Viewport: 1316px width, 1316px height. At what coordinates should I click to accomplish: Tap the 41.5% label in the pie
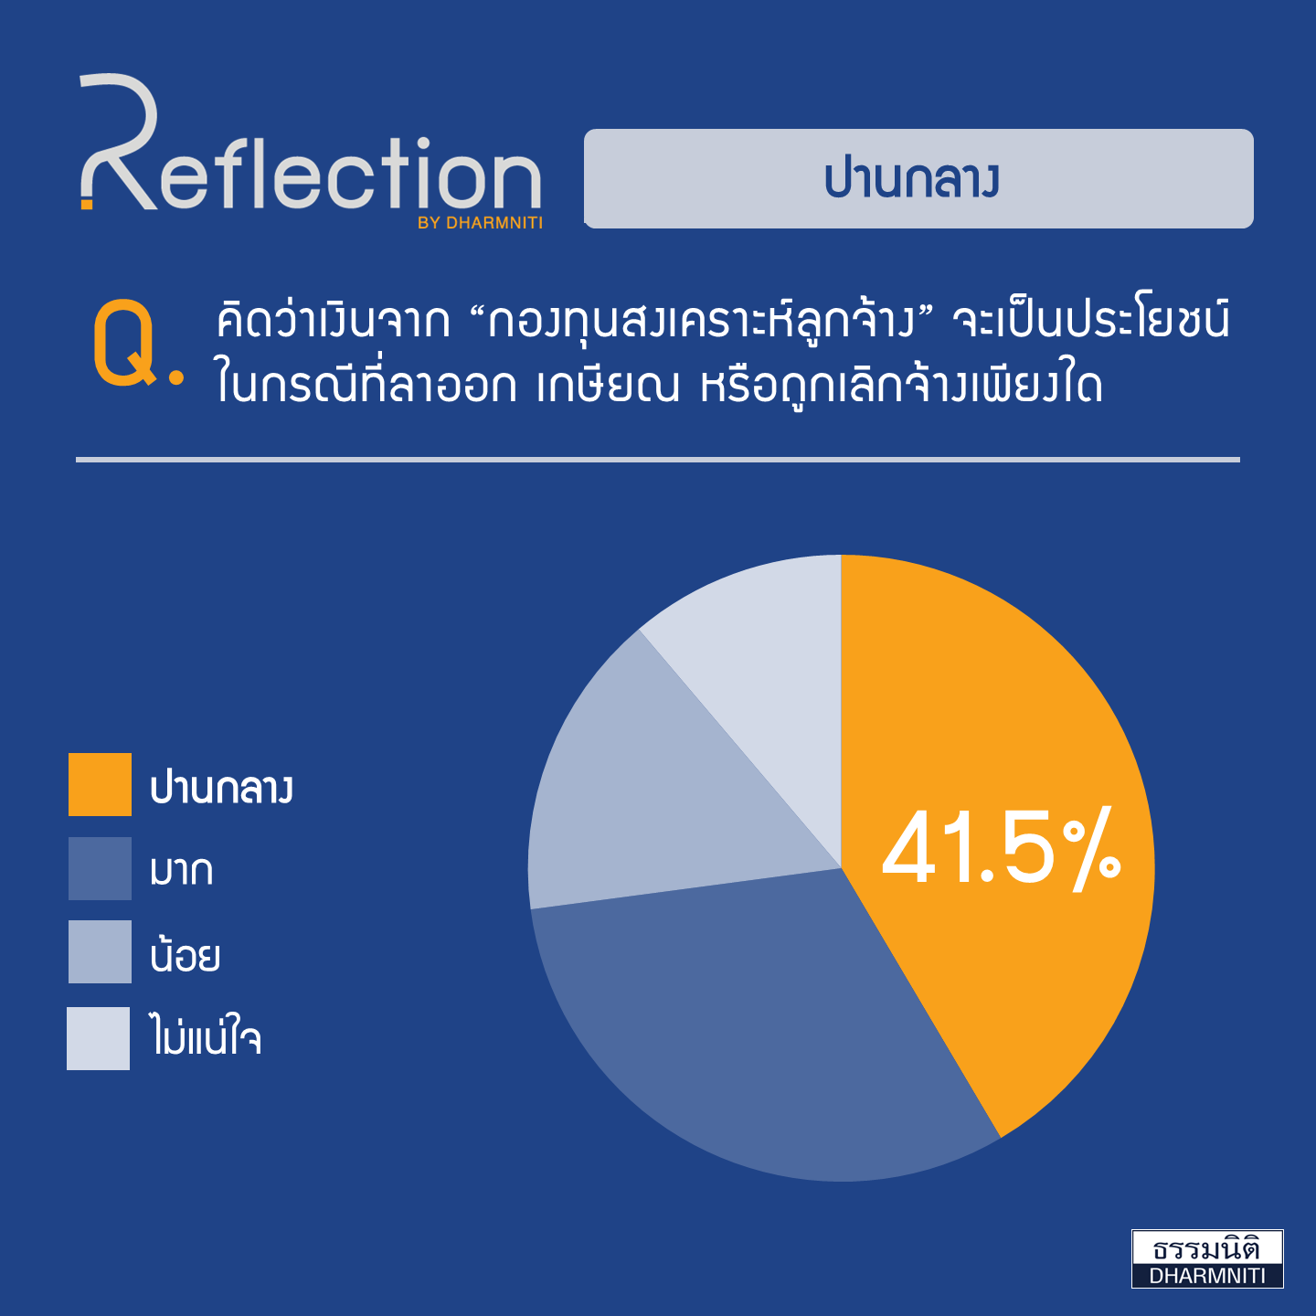(1002, 850)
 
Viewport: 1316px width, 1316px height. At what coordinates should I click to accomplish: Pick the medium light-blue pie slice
(655, 792)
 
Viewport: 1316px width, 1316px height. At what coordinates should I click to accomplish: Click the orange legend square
(100, 784)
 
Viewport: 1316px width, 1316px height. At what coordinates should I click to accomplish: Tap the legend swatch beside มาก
(100, 868)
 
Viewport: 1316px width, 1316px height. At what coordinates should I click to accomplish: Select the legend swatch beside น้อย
(100, 951)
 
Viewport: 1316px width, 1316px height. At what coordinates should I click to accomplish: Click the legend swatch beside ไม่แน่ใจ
(98, 1038)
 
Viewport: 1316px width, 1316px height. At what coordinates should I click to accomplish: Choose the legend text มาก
(182, 871)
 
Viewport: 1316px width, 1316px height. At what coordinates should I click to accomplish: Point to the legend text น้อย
(186, 953)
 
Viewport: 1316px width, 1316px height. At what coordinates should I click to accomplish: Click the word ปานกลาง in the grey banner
(912, 179)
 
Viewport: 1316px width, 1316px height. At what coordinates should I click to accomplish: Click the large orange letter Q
(124, 343)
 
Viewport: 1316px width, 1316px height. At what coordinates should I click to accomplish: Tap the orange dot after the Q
(176, 377)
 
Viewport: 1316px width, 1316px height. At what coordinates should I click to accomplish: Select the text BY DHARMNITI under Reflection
(480, 223)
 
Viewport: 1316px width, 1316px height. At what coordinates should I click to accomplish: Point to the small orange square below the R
(87, 204)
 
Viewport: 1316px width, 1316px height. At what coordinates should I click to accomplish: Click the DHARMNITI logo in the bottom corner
(1207, 1258)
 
